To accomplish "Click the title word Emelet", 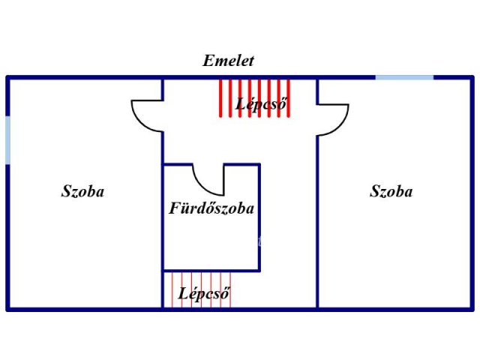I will (x=228, y=61).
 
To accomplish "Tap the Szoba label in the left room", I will (x=82, y=191).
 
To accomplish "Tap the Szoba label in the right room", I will (x=391, y=191).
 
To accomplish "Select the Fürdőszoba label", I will (x=211, y=208).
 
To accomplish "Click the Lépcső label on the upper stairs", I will (x=262, y=104).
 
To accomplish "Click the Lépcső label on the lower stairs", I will (x=203, y=293).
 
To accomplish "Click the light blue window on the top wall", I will (x=404, y=76).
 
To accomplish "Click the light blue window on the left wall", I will (x=7, y=140).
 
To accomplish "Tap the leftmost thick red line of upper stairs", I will (x=220, y=97).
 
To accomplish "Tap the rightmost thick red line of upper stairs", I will (x=289, y=97).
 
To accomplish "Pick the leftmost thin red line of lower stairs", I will (x=172, y=289).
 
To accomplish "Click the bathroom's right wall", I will (x=259, y=217).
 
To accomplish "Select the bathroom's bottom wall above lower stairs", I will (x=211, y=271).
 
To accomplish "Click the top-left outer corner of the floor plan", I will (x=7, y=76).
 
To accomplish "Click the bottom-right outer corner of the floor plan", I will (x=472, y=308).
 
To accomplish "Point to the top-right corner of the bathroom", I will (x=259, y=164).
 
